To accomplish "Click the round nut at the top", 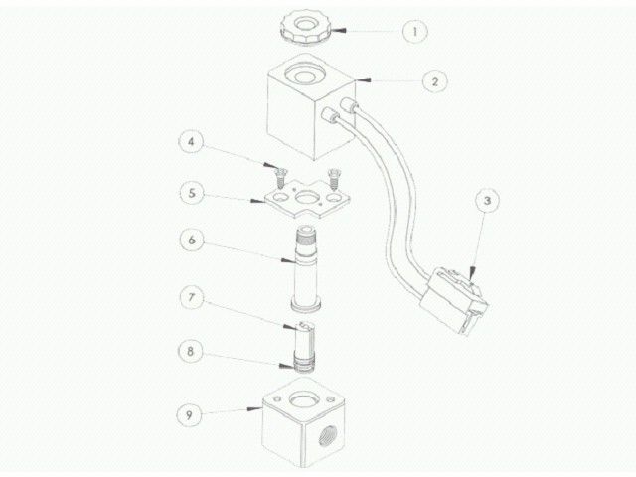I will [x=299, y=21].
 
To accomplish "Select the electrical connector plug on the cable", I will [x=457, y=300].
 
